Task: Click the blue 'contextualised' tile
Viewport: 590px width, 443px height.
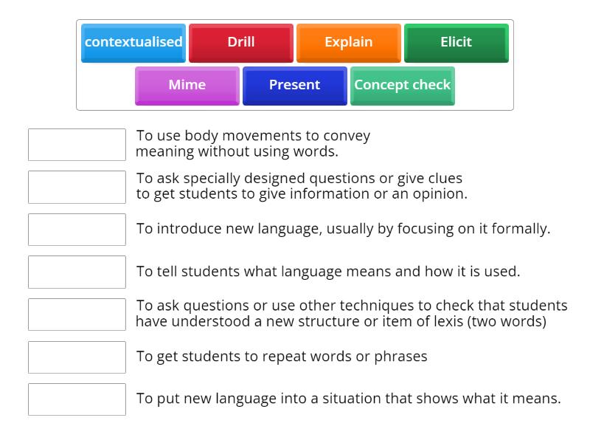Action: [133, 42]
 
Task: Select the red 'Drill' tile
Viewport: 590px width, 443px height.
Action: [241, 42]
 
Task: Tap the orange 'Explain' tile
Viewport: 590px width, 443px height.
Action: [349, 42]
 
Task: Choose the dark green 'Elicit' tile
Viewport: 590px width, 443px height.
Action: [457, 42]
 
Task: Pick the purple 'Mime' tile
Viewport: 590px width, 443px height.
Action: [187, 85]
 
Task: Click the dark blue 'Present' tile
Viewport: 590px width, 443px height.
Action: [295, 85]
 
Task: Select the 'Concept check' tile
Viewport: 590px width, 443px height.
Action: [403, 85]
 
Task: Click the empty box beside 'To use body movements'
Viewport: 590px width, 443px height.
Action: [77, 145]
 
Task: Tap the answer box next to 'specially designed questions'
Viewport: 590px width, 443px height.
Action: [77, 188]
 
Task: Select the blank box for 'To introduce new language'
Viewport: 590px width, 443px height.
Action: [77, 230]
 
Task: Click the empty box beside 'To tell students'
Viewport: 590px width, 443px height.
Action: [77, 272]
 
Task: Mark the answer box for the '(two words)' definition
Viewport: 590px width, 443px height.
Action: [77, 315]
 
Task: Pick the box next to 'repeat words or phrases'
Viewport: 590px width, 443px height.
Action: [77, 357]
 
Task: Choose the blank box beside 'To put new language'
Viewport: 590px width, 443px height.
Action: [77, 399]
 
